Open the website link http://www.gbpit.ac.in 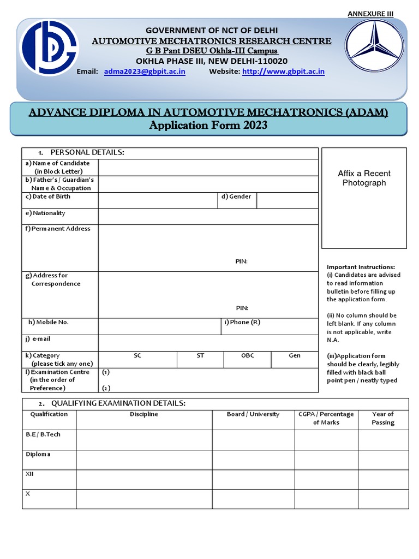tap(283, 72)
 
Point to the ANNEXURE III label tap(371, 14)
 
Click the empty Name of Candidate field tap(208, 168)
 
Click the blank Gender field tap(287, 200)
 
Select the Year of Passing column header tap(382, 418)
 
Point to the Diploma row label tap(38, 454)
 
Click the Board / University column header tap(253, 414)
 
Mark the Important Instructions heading tap(361, 267)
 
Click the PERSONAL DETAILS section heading tap(87, 152)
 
